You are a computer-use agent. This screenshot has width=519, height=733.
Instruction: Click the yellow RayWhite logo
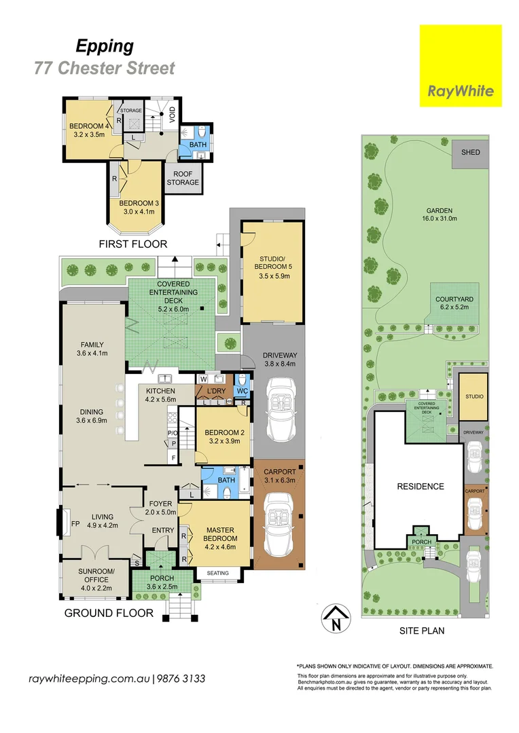click(x=460, y=65)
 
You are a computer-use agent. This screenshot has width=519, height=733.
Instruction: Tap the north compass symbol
click(x=332, y=618)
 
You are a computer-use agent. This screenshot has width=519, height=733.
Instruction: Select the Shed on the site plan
click(x=471, y=153)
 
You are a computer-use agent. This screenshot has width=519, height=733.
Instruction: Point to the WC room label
click(x=243, y=392)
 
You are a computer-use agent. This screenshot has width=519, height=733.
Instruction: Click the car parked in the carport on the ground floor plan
click(x=278, y=515)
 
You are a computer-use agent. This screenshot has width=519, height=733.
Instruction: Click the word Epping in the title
click(x=104, y=46)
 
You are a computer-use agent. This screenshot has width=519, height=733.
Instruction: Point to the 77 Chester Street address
click(x=105, y=68)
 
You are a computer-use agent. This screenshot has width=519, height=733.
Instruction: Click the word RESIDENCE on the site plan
click(x=421, y=486)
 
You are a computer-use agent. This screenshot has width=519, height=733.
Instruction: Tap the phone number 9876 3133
click(x=182, y=679)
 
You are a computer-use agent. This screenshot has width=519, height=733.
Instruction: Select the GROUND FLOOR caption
click(x=109, y=613)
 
